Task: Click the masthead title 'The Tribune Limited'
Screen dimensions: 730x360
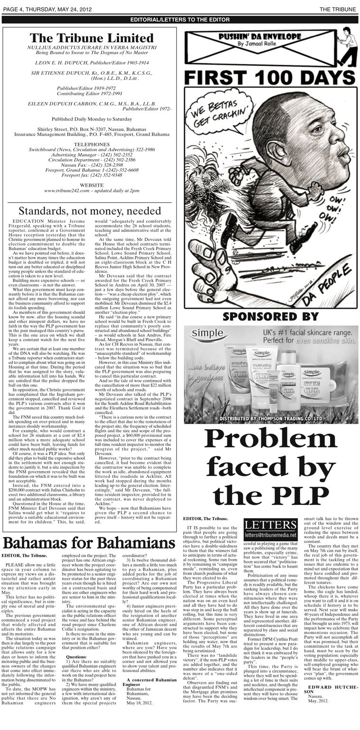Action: coord(91,38)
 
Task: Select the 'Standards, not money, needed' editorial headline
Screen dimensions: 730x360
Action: coord(89,210)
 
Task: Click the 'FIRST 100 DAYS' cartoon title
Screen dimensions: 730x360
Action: coord(269,76)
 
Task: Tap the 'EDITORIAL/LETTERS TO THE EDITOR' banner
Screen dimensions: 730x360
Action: coord(180,20)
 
